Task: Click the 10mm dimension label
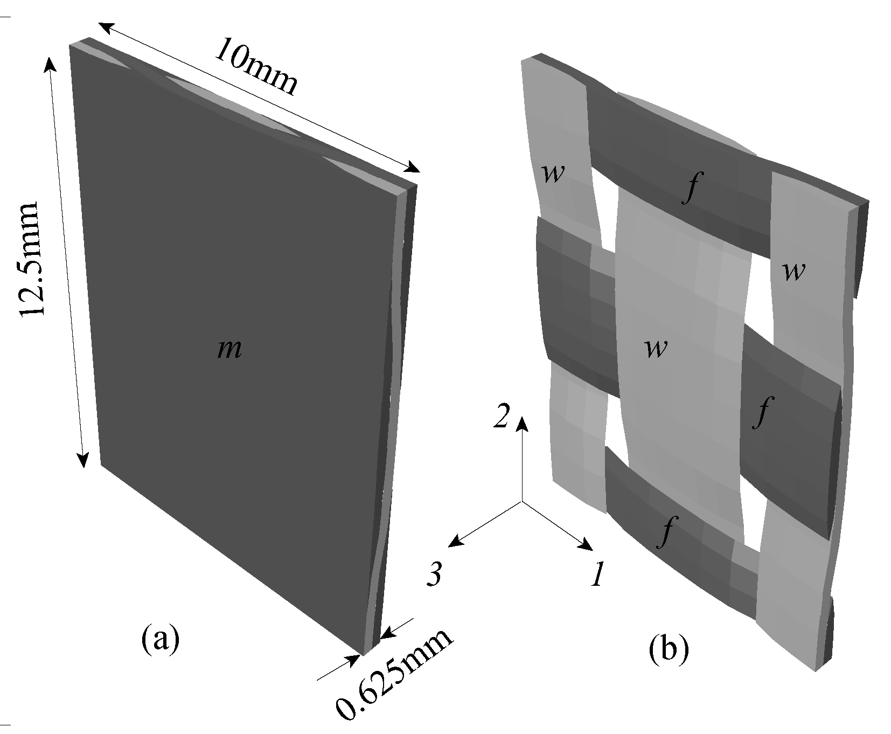click(256, 67)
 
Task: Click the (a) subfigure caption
click(159, 640)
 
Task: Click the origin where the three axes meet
click(521, 501)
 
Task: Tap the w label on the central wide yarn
click(656, 349)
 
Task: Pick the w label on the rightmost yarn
click(793, 272)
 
